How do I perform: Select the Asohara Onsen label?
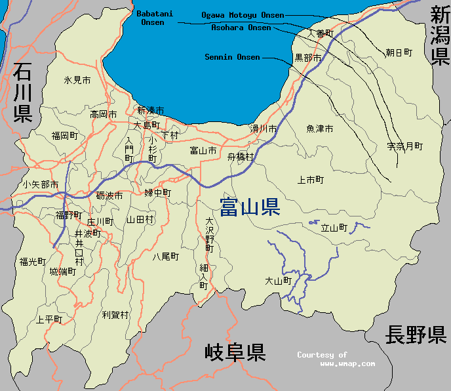(x=241, y=28)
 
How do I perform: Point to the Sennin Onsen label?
(x=232, y=57)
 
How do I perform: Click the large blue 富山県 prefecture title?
(x=250, y=208)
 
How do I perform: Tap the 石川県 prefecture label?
(x=22, y=92)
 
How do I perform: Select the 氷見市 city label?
(x=77, y=80)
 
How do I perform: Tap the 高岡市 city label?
(x=104, y=114)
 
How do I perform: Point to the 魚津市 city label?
(x=319, y=129)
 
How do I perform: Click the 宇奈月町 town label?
(x=404, y=146)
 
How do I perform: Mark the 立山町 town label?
(x=333, y=228)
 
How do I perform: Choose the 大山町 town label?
(x=277, y=281)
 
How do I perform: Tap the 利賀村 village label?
(x=115, y=315)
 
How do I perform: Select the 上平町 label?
(x=49, y=319)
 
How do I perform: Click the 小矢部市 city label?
(x=40, y=184)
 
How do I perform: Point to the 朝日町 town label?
(x=399, y=52)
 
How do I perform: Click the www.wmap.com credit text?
(x=347, y=363)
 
